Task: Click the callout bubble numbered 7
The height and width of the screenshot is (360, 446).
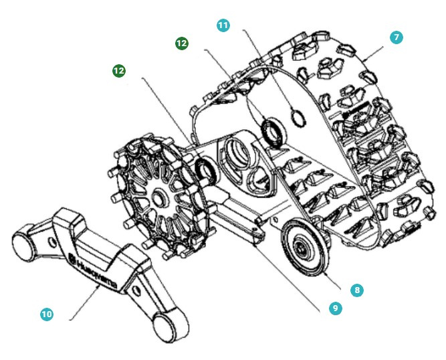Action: pyautogui.click(x=397, y=37)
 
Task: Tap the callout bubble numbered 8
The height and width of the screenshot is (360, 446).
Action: pyautogui.click(x=357, y=290)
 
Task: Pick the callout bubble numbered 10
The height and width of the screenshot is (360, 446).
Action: pyautogui.click(x=46, y=313)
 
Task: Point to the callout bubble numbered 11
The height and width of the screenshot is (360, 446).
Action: pyautogui.click(x=223, y=25)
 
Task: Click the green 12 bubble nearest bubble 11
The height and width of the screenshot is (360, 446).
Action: pyautogui.click(x=181, y=43)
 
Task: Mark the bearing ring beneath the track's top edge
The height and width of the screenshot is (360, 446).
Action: pyautogui.click(x=273, y=131)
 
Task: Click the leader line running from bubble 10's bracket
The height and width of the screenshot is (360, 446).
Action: pyautogui.click(x=86, y=304)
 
